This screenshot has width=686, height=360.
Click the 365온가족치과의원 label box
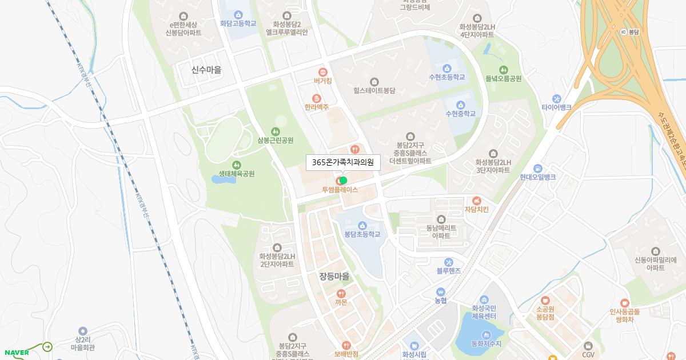click(342, 163)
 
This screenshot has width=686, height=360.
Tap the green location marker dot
click(343, 181)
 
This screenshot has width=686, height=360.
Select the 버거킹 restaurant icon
click(323, 72)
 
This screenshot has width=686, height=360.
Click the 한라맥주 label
click(316, 107)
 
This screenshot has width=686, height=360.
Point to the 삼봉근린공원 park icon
click(276, 131)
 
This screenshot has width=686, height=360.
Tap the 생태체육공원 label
click(236, 174)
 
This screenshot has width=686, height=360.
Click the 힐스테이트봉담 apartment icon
click(374, 82)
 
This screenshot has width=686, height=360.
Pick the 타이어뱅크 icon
click(556, 98)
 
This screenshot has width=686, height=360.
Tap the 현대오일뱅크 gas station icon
click(537, 169)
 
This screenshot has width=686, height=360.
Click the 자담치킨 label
click(476, 209)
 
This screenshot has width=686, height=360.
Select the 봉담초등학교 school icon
click(362, 225)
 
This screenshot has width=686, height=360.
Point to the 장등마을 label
click(334, 277)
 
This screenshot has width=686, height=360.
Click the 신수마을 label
click(206, 70)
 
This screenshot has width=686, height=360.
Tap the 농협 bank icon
click(440, 291)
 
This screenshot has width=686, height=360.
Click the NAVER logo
click(16, 353)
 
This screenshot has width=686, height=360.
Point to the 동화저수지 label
click(486, 344)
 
